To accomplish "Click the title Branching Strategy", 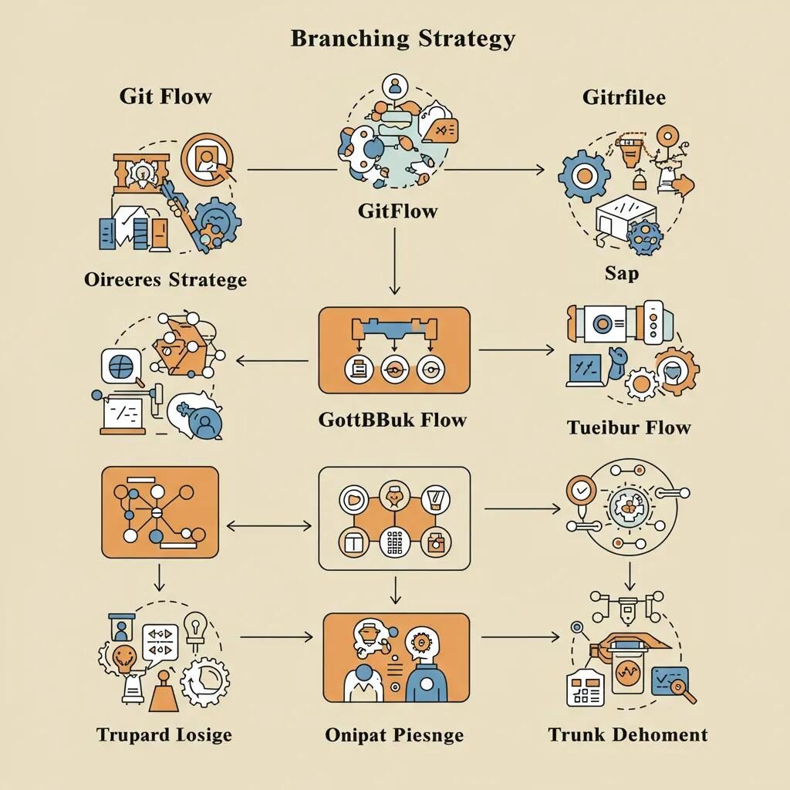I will [x=403, y=39].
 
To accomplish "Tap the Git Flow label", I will [x=165, y=96].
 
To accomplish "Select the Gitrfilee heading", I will [x=623, y=97].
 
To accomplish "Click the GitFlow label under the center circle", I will [x=397, y=211].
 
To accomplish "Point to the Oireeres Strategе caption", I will [x=165, y=279].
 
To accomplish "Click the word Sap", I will [x=621, y=273].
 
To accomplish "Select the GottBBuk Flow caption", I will [x=392, y=420].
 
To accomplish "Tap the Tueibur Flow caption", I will [x=628, y=427].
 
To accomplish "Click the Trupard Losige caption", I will [x=164, y=734].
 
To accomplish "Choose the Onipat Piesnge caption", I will [x=394, y=734].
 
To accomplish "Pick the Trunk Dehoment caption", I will [x=627, y=734].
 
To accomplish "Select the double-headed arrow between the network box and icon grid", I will [x=268, y=526].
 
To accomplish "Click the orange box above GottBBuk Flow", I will [x=394, y=349].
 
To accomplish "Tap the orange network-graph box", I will [x=160, y=511].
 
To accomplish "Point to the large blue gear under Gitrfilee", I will [x=584, y=177].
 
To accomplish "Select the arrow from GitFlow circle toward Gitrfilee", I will [x=494, y=168].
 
